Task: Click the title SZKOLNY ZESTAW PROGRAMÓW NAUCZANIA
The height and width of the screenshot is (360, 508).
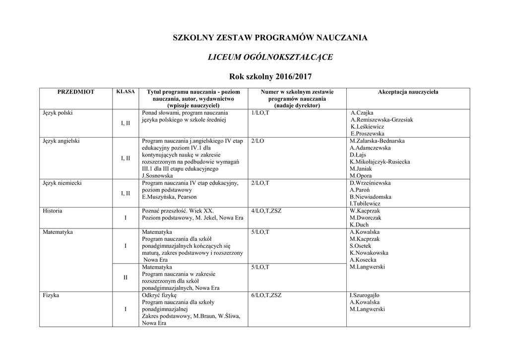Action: click(x=270, y=38)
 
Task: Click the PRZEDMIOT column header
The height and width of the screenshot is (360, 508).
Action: click(x=76, y=92)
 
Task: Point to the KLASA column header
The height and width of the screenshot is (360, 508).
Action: click(x=125, y=92)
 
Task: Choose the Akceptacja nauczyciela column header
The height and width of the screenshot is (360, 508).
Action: click(x=408, y=92)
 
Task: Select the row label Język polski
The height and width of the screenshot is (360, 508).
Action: click(x=58, y=113)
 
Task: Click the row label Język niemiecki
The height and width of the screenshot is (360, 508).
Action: click(x=62, y=183)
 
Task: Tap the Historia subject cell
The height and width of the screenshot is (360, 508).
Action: click(x=53, y=211)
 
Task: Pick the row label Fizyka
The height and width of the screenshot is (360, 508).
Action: click(x=51, y=295)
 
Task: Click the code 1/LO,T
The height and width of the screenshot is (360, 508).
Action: click(x=260, y=113)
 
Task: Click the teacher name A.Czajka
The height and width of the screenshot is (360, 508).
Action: click(x=362, y=113)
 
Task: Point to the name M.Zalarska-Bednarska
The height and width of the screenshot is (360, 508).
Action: click(x=377, y=141)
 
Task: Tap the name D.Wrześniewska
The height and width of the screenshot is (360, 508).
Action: click(x=370, y=183)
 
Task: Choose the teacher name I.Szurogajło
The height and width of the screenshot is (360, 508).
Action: click(x=367, y=295)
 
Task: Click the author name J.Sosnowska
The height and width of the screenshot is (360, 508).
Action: click(x=157, y=176)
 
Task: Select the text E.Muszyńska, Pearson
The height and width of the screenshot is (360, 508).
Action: click(x=169, y=197)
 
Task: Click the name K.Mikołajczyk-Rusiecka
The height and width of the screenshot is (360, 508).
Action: click(x=380, y=162)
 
